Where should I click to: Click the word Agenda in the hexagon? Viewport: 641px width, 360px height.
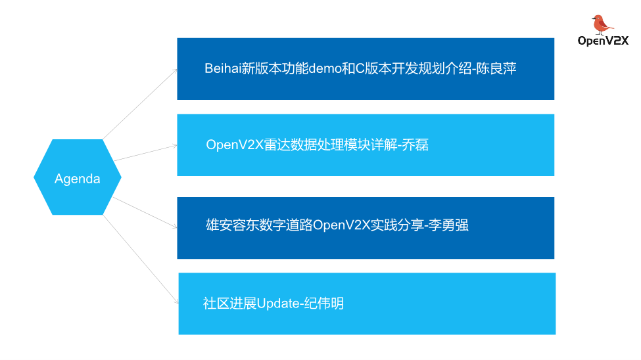click(x=77, y=179)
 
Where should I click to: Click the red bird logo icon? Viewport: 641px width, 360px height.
click(x=601, y=24)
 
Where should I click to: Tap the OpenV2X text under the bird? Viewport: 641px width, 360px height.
click(x=603, y=41)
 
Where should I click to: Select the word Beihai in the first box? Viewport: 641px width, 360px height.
click(x=223, y=69)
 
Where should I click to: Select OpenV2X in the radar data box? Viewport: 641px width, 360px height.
click(x=235, y=145)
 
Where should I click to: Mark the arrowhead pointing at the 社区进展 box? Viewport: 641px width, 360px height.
click(x=176, y=302)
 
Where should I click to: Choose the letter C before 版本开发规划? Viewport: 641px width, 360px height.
click(x=360, y=69)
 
